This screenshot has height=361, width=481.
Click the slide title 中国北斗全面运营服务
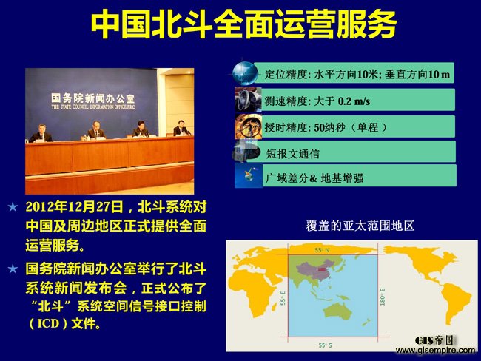coord(244,24)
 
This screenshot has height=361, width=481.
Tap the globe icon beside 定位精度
coord(244,73)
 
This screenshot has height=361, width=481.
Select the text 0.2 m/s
coord(354,101)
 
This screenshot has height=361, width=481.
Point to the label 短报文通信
coord(292,154)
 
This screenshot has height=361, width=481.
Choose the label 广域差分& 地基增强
coord(314,178)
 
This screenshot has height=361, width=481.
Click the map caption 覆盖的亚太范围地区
coord(360,226)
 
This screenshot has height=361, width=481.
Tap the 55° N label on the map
coord(322,250)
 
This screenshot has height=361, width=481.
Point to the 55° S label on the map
coord(325,345)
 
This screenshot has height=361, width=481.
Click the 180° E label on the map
coord(383,297)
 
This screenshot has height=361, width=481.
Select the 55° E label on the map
coord(283,298)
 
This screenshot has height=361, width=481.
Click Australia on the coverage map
coord(337,312)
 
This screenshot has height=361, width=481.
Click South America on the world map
coord(455,301)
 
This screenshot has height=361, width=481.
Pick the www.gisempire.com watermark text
coord(435,350)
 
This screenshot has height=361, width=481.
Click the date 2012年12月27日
coord(75,207)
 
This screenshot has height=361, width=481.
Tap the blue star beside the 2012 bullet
coord(13,207)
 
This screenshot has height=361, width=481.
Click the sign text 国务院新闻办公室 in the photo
coord(92,98)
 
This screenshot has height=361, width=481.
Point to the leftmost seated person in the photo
coord(41,133)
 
